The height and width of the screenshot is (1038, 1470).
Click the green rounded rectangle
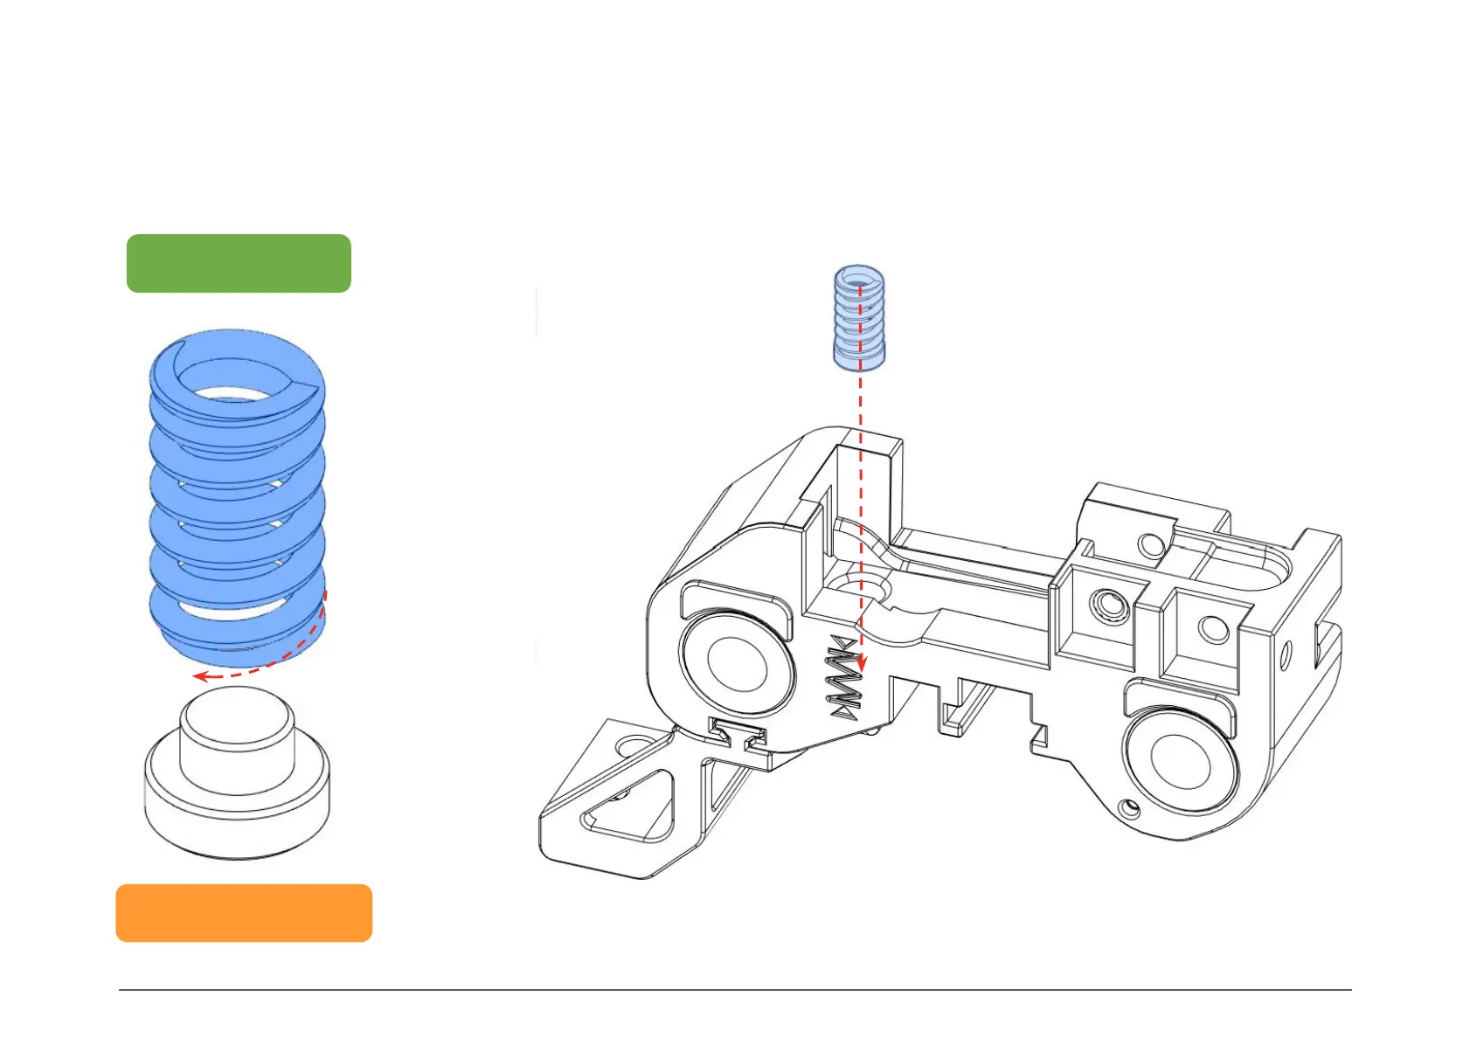click(x=239, y=263)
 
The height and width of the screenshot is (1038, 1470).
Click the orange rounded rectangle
click(x=244, y=912)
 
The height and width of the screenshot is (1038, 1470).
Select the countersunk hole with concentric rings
click(x=1109, y=602)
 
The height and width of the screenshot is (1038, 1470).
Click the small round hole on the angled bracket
click(x=628, y=746)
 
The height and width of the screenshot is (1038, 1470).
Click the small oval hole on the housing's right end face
click(x=1286, y=655)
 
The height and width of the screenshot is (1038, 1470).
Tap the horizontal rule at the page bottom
click(x=734, y=990)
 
